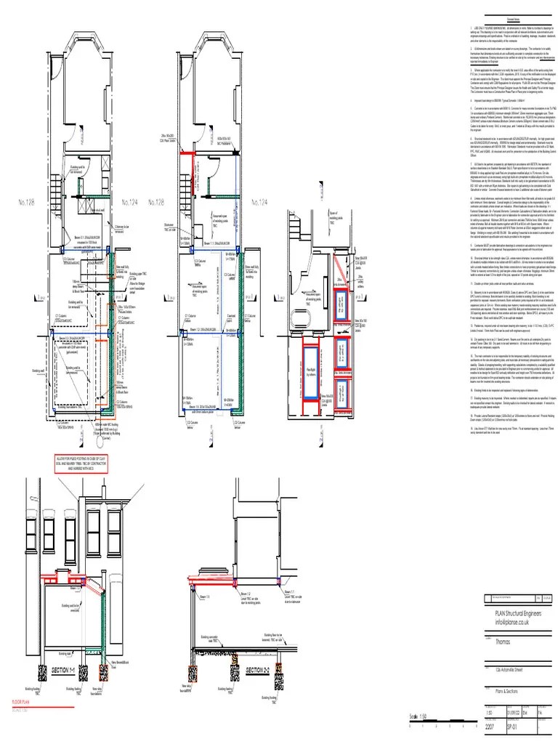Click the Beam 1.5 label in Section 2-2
pyautogui.click(x=207, y=575)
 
